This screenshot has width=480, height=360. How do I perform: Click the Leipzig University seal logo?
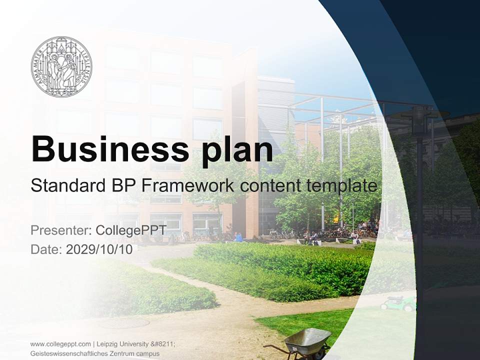61,66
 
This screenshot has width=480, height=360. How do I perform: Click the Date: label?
46,249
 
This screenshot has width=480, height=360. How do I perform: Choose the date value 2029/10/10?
99,249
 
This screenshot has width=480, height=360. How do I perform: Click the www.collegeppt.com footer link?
60,344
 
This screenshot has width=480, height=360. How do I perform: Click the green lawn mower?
398,302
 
